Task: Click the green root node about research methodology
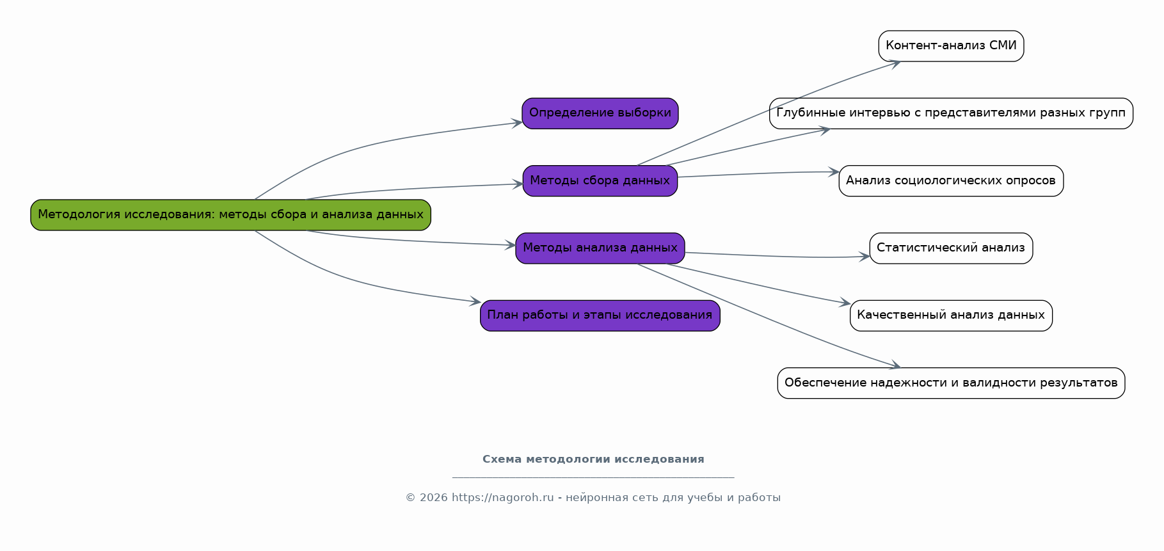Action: point(230,215)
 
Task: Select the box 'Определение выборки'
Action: point(600,113)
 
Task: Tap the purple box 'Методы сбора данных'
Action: point(600,180)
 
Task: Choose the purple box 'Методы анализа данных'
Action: point(600,248)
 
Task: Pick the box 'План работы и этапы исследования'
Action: point(600,315)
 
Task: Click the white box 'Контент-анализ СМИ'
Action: point(951,46)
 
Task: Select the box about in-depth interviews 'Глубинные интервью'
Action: point(951,113)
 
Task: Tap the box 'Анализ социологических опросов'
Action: point(951,180)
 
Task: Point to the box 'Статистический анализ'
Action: point(951,248)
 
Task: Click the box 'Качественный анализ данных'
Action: point(951,315)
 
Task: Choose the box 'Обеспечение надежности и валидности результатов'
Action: point(951,383)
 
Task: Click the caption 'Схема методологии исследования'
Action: point(593,459)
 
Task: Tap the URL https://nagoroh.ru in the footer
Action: point(502,498)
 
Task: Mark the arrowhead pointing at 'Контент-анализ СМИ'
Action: point(895,63)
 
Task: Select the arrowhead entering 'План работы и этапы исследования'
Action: point(475,301)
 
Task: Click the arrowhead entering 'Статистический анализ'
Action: point(865,257)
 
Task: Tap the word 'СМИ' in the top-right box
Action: point(1003,46)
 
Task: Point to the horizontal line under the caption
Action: point(593,477)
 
